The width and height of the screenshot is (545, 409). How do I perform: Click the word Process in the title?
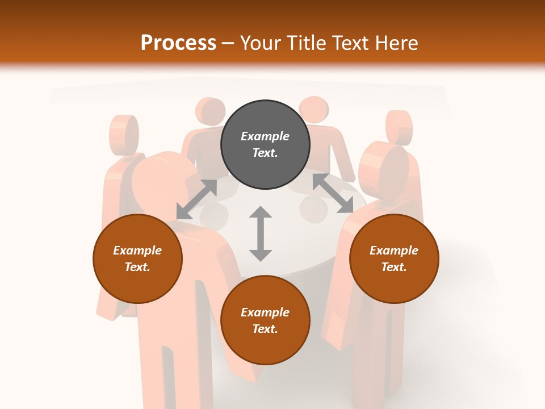click(178, 43)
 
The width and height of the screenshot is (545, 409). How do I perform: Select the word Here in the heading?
click(396, 43)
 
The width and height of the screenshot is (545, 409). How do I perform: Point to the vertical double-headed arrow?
click(261, 233)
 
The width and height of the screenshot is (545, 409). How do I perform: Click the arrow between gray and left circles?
click(196, 199)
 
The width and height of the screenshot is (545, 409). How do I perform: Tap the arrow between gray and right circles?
click(333, 193)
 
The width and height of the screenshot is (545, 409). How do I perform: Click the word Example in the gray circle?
click(265, 136)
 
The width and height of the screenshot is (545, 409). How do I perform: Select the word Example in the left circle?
click(137, 251)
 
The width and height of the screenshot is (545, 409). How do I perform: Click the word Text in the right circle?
click(394, 267)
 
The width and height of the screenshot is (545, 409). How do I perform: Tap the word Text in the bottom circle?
click(265, 329)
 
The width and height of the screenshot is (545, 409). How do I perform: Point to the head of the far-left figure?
click(124, 133)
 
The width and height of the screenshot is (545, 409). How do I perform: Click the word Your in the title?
click(259, 43)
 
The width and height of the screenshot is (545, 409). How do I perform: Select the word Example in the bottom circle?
click(265, 312)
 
